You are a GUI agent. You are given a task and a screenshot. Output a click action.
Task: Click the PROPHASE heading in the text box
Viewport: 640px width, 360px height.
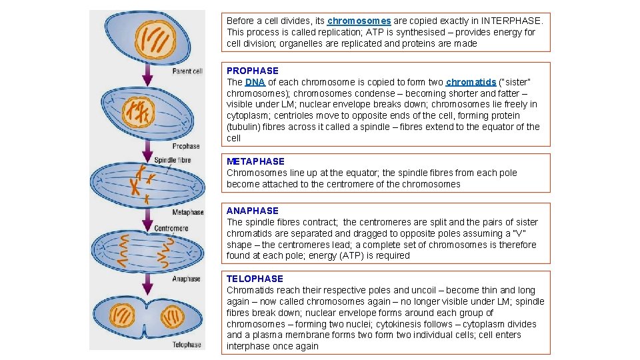[253, 71]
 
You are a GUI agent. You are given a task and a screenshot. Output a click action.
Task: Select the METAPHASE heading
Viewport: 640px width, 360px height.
[255, 161]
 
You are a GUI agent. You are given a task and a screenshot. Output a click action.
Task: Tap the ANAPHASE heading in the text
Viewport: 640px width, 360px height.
[252, 211]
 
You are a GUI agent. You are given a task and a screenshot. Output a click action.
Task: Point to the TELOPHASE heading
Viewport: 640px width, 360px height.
[255, 279]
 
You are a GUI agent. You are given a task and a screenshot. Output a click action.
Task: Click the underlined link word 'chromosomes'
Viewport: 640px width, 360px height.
[359, 21]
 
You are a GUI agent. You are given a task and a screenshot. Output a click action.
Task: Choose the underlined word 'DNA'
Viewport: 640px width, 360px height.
[255, 82]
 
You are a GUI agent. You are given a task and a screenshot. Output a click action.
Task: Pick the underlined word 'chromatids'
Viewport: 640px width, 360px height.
[471, 82]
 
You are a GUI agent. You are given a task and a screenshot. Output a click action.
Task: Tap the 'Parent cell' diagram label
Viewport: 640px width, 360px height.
[187, 71]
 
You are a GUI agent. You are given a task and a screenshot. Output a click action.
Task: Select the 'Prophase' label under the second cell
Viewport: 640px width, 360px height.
[186, 146]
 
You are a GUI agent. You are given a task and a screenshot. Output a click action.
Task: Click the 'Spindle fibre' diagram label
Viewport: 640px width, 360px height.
[172, 160]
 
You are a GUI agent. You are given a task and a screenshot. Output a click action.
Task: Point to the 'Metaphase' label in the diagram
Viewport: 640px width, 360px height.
[187, 213]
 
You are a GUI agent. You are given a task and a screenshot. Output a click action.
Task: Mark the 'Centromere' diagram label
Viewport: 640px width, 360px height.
[171, 229]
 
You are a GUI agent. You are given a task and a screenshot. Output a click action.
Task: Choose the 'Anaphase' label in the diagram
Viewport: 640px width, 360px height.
[186, 279]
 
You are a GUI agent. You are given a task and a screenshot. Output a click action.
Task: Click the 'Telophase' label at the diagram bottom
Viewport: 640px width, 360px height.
[187, 345]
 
